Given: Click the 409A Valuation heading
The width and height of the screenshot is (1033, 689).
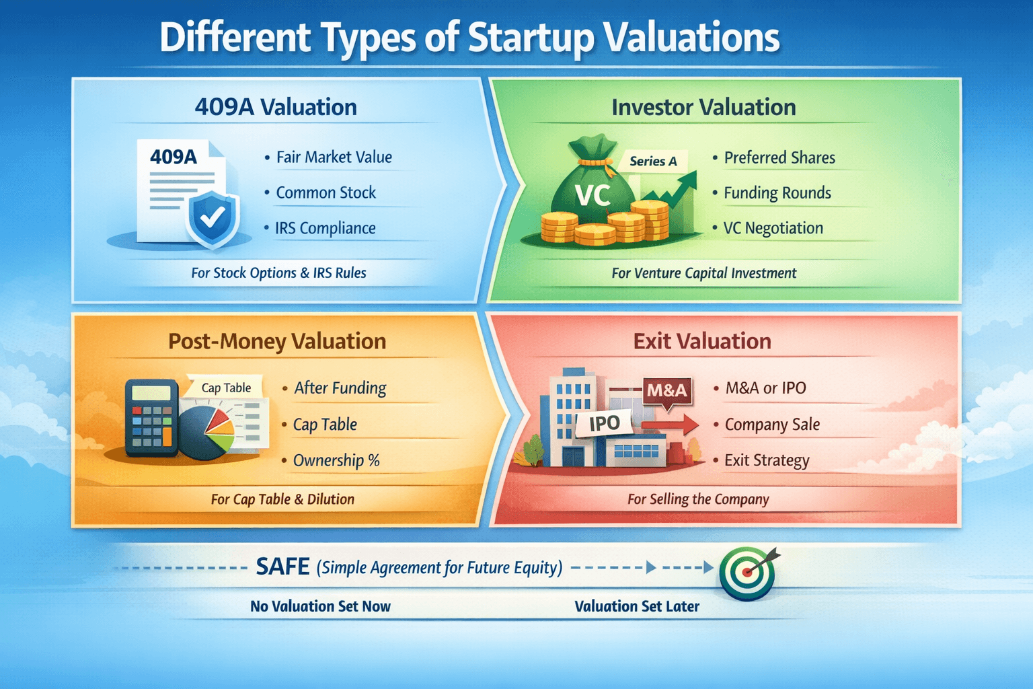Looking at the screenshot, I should (276, 107).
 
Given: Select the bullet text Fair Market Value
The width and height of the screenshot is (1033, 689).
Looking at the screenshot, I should (334, 157).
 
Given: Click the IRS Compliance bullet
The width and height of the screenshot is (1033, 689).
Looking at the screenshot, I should (325, 228).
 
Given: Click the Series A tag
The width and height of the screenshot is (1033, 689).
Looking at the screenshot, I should (653, 161).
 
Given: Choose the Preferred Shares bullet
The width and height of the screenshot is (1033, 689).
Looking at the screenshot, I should (779, 157).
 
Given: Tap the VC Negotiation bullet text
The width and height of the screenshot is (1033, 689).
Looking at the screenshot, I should (773, 228).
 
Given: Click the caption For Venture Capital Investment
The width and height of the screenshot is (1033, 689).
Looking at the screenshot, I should (703, 273).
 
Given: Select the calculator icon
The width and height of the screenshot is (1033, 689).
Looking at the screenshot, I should (151, 418).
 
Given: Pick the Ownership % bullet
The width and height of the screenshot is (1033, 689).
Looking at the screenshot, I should (336, 460).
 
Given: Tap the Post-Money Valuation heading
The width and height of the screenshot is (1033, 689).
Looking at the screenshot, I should (277, 341).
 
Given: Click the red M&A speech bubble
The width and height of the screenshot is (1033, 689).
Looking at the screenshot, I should (666, 391).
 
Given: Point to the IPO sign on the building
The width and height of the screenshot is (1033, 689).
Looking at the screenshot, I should (604, 423).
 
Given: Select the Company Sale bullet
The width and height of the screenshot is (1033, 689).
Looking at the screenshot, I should (772, 425).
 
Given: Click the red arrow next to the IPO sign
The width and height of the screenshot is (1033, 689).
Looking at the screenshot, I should (670, 425).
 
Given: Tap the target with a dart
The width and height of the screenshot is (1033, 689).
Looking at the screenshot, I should (747, 573).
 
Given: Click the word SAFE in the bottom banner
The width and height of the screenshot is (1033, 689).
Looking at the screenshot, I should (282, 567).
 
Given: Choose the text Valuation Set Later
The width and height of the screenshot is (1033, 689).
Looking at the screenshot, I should (636, 606).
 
